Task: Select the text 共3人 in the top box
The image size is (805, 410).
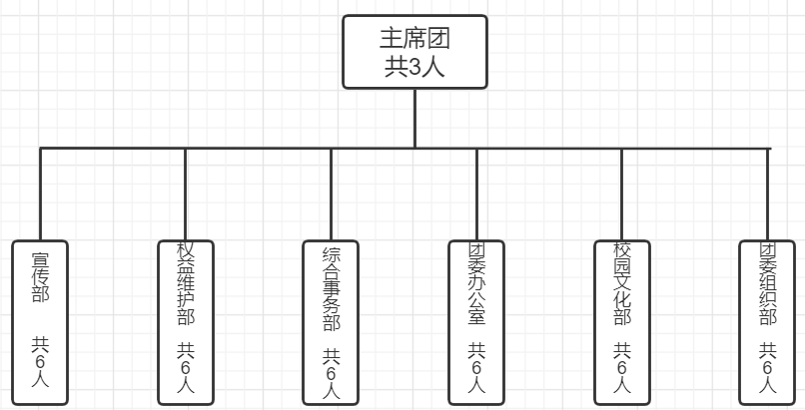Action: [414, 68]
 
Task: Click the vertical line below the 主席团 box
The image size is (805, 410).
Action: [414, 118]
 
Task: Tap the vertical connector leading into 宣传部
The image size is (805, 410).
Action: [40, 195]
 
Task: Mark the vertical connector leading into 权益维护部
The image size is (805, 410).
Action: [185, 195]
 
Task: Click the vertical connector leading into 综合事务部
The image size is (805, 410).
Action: [331, 195]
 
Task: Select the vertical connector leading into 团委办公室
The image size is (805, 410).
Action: [476, 195]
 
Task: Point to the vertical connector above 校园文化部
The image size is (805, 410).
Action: [621, 195]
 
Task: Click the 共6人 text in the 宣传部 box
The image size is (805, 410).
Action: [40, 367]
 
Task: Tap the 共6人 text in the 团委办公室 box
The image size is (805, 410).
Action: [476, 367]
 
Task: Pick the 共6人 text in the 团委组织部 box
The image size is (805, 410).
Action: [767, 367]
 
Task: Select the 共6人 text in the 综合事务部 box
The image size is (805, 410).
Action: [331, 371]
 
